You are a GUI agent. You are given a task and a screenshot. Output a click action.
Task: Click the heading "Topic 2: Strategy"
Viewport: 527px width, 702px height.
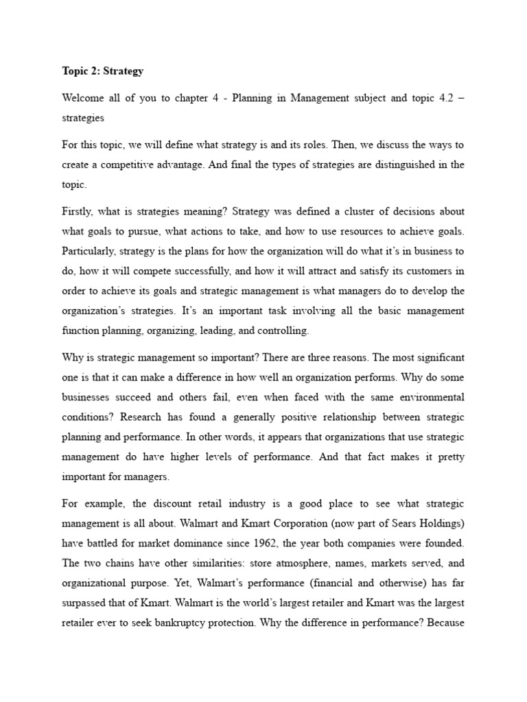pyautogui.click(x=103, y=71)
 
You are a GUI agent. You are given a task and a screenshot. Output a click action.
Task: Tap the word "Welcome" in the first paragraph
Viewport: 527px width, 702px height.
pyautogui.click(x=83, y=98)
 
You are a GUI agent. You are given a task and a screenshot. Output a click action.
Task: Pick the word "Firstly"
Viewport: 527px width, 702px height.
pyautogui.click(x=80, y=211)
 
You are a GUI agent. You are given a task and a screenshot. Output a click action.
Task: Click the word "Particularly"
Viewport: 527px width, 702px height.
pyautogui.click(x=90, y=251)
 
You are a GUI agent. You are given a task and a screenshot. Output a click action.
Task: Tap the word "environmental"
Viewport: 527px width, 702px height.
pyautogui.click(x=429, y=397)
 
